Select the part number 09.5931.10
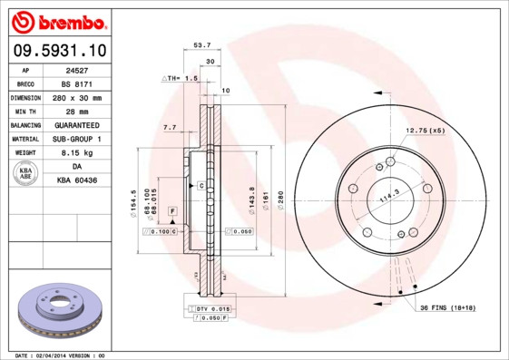click(x=57, y=51)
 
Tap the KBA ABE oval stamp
click(x=25, y=174)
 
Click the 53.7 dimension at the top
click(x=202, y=44)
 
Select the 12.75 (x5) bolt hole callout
click(x=426, y=130)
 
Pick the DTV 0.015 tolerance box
click(x=211, y=309)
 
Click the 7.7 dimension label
click(x=169, y=128)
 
